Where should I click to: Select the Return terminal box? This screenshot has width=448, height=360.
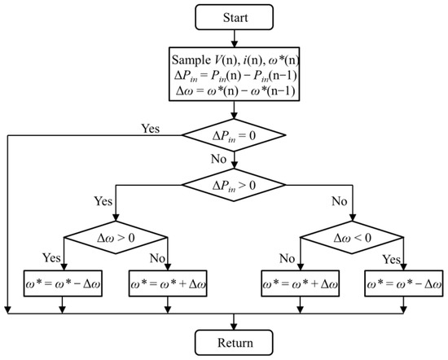pyautogui.click(x=235, y=341)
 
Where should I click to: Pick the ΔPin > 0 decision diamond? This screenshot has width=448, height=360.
pyautogui.click(x=235, y=187)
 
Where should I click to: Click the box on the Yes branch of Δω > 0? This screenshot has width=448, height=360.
pyautogui.click(x=63, y=287)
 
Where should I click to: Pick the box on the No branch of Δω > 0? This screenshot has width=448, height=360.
pyautogui.click(x=167, y=287)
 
